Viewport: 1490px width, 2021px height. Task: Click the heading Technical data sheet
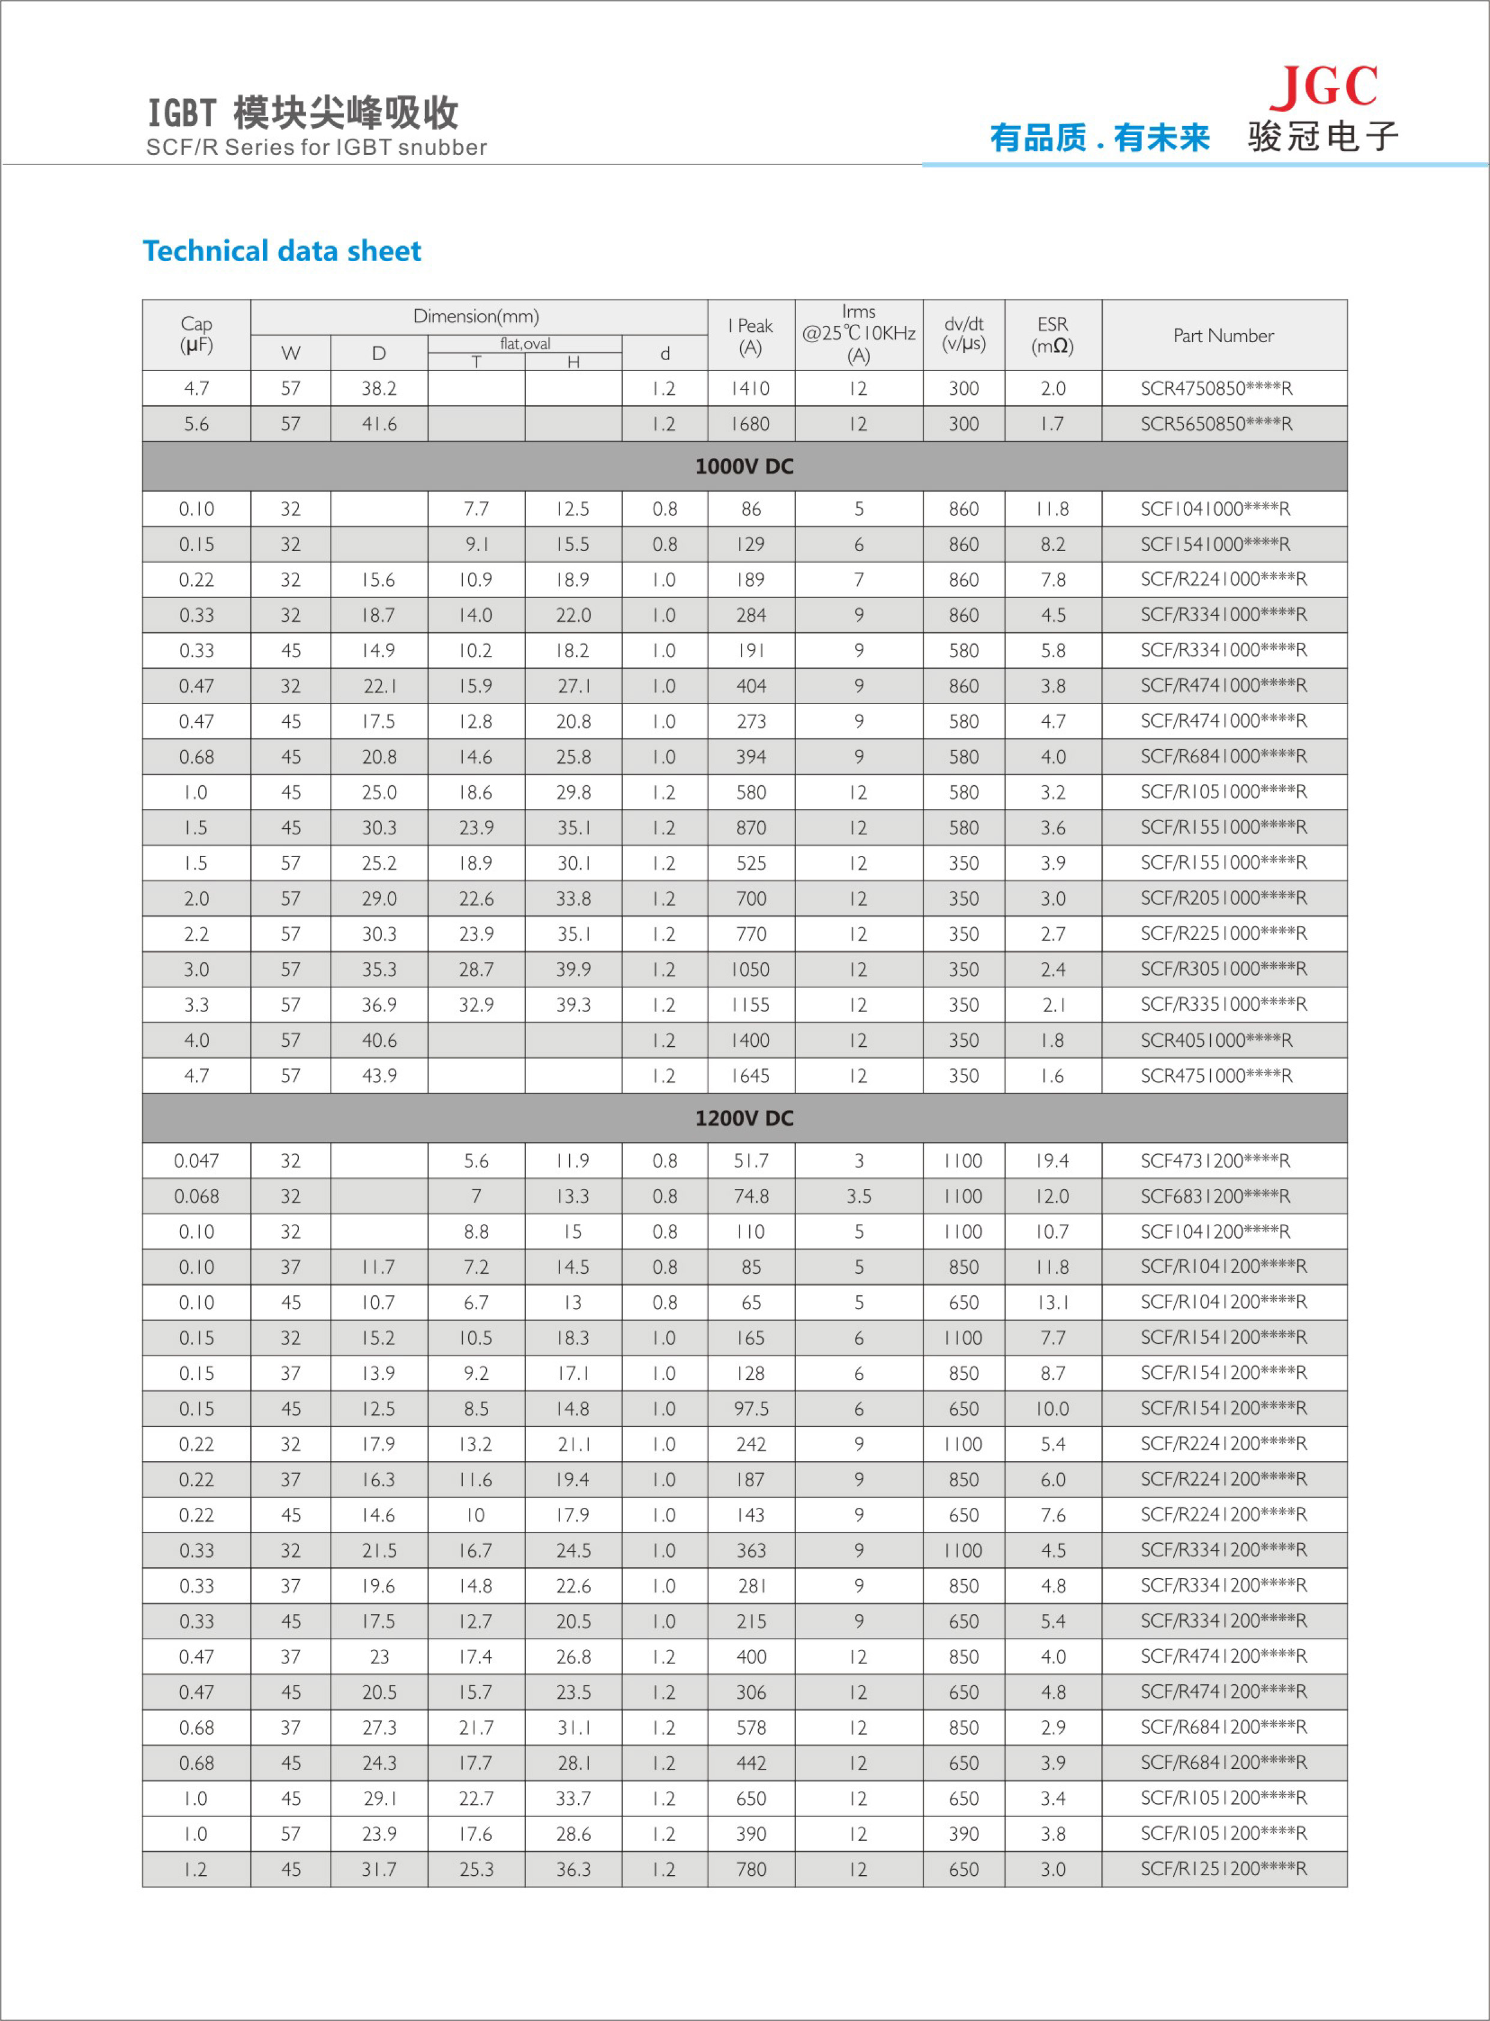[282, 251]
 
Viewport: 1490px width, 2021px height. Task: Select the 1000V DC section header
[744, 466]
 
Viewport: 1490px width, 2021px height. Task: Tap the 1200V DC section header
[744, 1118]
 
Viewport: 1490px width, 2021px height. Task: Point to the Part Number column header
[1223, 336]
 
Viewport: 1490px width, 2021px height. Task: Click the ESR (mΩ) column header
[1052, 334]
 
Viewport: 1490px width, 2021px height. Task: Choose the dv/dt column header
[964, 334]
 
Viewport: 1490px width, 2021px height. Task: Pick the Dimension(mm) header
[476, 316]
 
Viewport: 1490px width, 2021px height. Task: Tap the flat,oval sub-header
[525, 343]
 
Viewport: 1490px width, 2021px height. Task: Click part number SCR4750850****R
[1216, 389]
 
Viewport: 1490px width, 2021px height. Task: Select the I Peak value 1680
[750, 424]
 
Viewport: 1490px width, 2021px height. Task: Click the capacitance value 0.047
[197, 1161]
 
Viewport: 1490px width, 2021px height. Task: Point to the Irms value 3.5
[858, 1196]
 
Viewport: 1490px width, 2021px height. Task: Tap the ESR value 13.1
[1052, 1303]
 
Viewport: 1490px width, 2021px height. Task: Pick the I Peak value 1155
[750, 1005]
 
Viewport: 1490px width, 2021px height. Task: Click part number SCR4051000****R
[1216, 1040]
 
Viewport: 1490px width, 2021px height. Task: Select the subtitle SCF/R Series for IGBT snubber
[316, 147]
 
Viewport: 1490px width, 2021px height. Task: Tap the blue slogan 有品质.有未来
[1099, 138]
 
